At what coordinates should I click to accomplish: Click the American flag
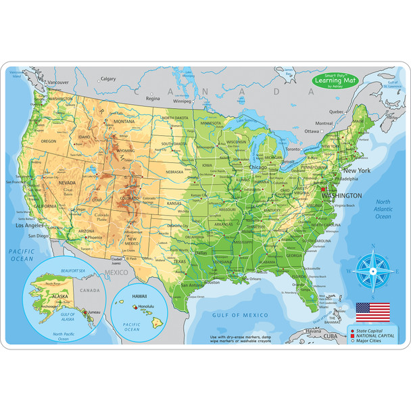(x=373, y=312)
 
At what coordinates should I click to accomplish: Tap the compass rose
(x=373, y=270)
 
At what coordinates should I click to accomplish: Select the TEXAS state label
(x=180, y=261)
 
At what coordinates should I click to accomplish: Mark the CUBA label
(x=329, y=335)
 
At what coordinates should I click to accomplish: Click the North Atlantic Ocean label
(x=383, y=210)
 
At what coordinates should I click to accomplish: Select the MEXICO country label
(x=116, y=272)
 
